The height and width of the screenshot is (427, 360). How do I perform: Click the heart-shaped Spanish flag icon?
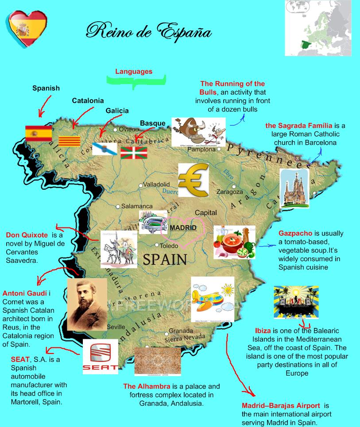coord(27,28)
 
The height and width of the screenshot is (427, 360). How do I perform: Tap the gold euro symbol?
coord(194,179)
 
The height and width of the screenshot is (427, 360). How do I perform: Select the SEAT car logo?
coord(101,357)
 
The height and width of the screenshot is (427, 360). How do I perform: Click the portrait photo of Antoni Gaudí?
coord(87,304)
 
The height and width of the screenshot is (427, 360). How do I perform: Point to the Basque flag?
coord(134,153)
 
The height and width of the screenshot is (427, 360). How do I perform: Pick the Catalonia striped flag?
coord(70,141)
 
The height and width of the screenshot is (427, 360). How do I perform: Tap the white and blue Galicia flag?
coord(105,148)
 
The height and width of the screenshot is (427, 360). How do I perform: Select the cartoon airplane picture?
coord(213,295)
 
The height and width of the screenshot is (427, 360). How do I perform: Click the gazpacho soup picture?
coord(234,242)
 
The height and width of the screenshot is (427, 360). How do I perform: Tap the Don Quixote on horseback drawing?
coord(118,249)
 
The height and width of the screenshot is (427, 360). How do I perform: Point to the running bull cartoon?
coord(198,131)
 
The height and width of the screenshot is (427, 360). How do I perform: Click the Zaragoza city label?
coord(229,192)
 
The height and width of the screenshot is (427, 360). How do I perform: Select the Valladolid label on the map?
coord(156,184)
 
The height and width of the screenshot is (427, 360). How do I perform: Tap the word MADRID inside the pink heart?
coord(183,227)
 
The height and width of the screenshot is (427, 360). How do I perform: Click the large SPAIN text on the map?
coord(165,259)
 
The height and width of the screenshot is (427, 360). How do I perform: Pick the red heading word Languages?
coord(134,71)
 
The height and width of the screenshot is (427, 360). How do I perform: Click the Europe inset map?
coord(318,27)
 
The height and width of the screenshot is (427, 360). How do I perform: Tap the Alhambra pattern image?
coord(157,361)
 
